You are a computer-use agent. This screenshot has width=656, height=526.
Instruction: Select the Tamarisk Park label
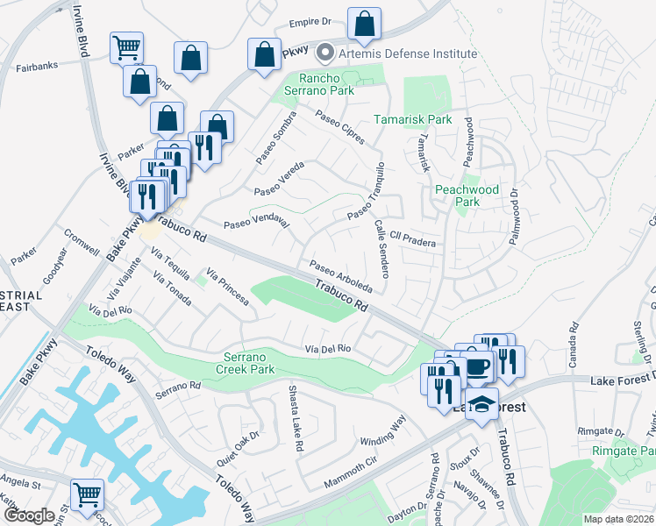412,119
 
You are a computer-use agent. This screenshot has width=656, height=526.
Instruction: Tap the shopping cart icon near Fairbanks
127,46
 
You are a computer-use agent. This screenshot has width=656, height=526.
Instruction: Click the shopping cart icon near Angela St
87,494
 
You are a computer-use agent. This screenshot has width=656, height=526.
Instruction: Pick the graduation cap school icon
481,404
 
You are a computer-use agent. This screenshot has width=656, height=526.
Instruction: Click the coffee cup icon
477,366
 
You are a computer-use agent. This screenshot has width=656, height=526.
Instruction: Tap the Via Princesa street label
227,288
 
